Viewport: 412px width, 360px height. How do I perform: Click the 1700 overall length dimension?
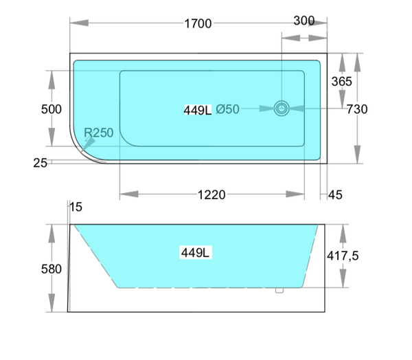pos(198,24)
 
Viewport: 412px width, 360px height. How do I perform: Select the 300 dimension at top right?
pos(304,21)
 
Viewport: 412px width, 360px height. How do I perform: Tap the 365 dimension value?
pos(341,81)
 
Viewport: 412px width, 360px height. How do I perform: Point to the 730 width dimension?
pos(357,109)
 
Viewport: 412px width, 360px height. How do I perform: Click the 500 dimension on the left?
pos(51,109)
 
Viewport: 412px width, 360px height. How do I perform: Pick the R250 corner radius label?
pos(99,133)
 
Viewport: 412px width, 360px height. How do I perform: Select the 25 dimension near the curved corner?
pos(40,162)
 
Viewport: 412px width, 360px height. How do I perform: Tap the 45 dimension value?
pos(335,195)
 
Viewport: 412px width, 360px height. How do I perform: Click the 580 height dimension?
pos(51,269)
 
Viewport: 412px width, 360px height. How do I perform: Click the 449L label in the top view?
pos(198,109)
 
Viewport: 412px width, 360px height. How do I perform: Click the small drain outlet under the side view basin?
pos(279,291)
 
